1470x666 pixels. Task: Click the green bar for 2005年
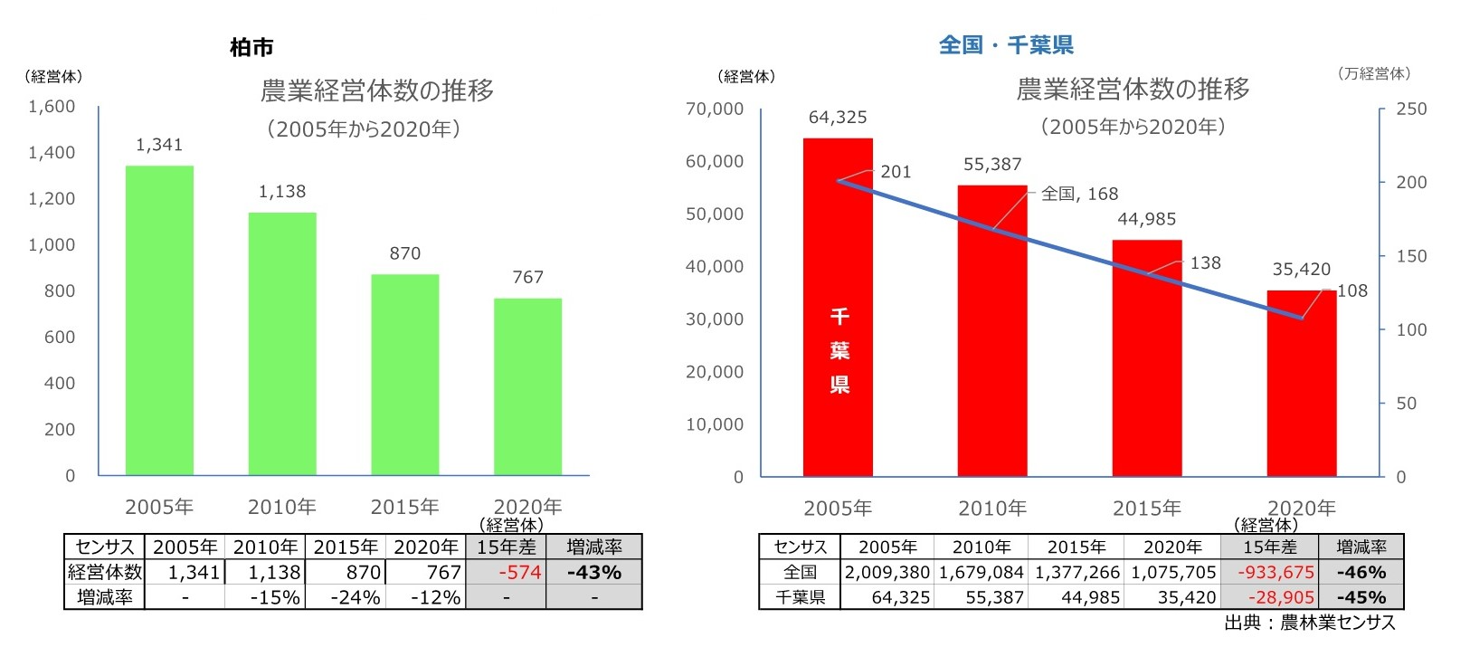tap(159, 320)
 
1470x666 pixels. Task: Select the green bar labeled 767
tap(527, 386)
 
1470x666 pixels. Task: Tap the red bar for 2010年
tap(992, 330)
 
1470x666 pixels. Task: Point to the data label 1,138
tap(282, 192)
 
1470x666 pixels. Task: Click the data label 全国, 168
tap(1079, 194)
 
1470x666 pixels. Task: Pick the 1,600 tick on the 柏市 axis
tap(52, 107)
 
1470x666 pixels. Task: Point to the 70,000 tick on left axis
tap(715, 109)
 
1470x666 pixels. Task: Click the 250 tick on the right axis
tap(1411, 109)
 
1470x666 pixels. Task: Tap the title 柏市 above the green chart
tap(251, 47)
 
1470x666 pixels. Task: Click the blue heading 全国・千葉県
tap(1006, 44)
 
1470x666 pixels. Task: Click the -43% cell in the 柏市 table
tap(594, 572)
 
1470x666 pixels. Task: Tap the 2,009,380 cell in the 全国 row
tap(887, 572)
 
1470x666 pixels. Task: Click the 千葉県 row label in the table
tap(801, 597)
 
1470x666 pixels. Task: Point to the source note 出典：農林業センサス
tap(1309, 623)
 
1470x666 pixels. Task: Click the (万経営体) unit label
tap(1373, 73)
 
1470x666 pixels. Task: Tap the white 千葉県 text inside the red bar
tap(839, 351)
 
